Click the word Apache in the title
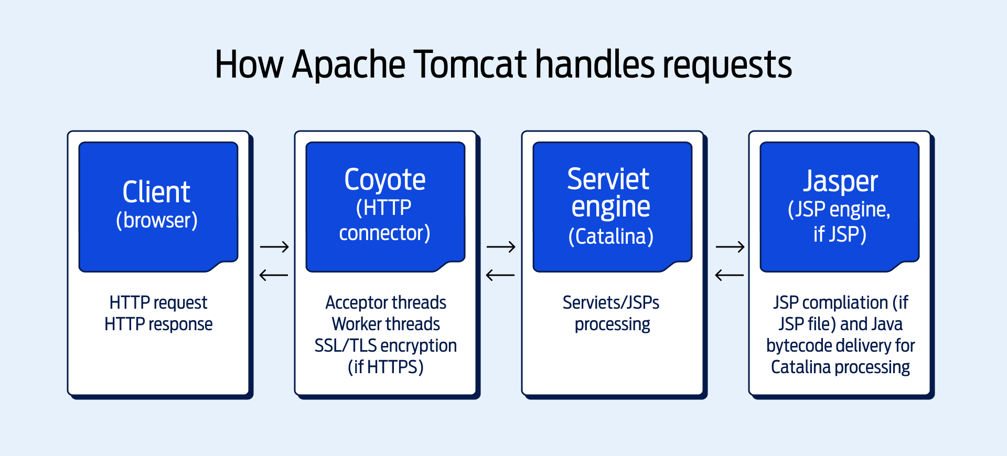[348, 64]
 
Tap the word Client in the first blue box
[156, 192]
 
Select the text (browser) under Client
[157, 220]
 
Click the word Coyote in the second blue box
[385, 180]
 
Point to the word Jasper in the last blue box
[840, 182]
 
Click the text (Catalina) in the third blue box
[611, 236]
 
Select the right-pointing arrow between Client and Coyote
[274, 246]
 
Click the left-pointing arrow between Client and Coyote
[274, 275]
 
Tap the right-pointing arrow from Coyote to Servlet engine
[501, 246]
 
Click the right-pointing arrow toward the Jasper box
[730, 246]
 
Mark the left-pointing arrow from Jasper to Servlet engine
[730, 275]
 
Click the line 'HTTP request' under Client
[158, 302]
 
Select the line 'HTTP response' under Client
[158, 324]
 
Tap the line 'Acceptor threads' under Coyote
[385, 302]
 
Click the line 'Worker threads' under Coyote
[385, 324]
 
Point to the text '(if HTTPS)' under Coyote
[385, 367]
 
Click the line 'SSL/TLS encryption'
[385, 345]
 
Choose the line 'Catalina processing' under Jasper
[840, 367]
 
